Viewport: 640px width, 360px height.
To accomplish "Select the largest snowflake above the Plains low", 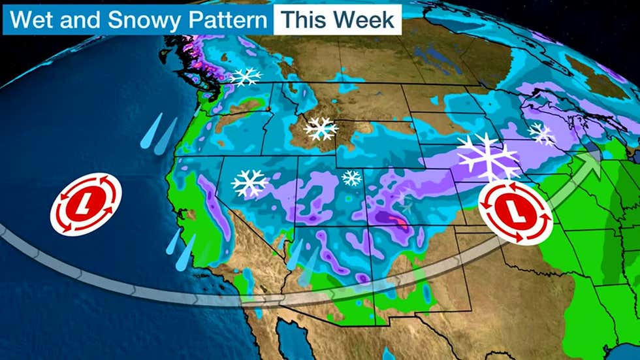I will click(488, 157).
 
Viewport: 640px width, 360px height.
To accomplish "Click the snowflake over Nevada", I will click(249, 184).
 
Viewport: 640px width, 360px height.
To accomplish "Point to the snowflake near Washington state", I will click(245, 77).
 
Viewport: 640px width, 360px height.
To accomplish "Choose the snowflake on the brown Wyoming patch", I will click(321, 128).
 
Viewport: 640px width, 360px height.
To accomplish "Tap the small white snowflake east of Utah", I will click(352, 178).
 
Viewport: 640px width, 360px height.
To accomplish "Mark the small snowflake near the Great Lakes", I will click(541, 135).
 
